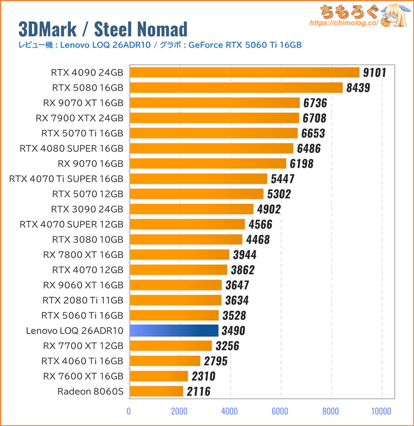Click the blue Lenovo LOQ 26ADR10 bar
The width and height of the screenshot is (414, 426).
coord(174,330)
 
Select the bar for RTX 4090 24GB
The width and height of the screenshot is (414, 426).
coord(244,72)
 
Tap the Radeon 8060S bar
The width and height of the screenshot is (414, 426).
coord(156,391)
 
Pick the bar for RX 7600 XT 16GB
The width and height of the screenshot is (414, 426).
coord(159,376)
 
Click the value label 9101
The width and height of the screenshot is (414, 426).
coord(374,72)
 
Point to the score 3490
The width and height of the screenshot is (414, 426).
coord(233,330)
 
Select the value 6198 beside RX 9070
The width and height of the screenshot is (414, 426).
coord(301,164)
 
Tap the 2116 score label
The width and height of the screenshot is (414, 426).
coord(198,391)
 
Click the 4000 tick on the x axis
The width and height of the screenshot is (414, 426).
coord(230,412)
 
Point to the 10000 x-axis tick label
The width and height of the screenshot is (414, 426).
coord(381,412)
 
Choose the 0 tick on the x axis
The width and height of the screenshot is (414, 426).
coord(129,412)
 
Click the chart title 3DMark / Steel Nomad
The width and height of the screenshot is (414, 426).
coord(102,29)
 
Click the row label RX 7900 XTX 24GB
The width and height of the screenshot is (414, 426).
coord(80,118)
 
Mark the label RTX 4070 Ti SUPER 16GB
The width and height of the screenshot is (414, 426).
coord(66,179)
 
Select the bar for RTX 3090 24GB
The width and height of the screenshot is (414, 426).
coord(191,209)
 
